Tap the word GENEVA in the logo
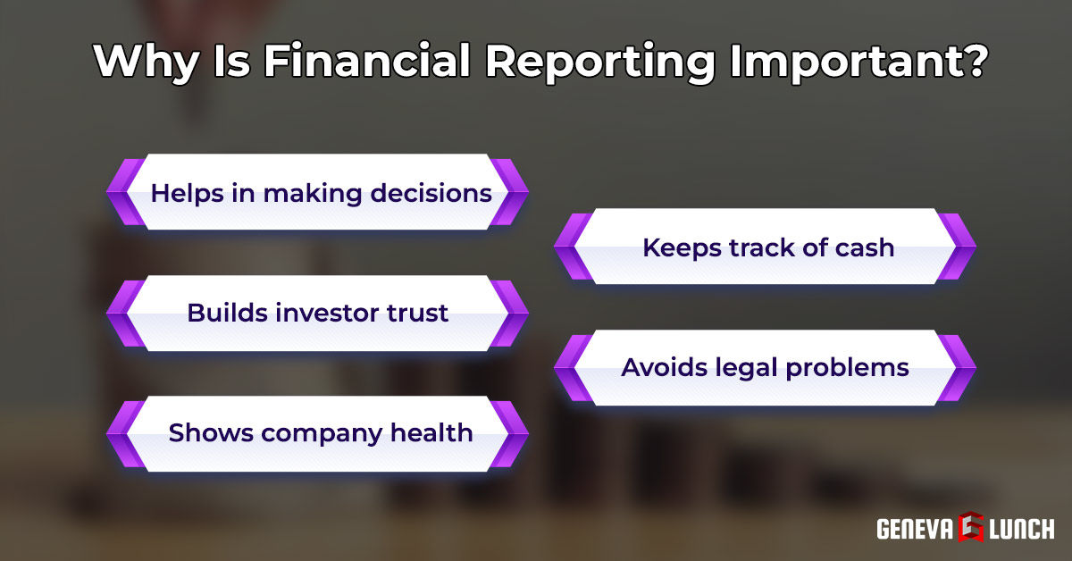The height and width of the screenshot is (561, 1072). pyautogui.click(x=913, y=528)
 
